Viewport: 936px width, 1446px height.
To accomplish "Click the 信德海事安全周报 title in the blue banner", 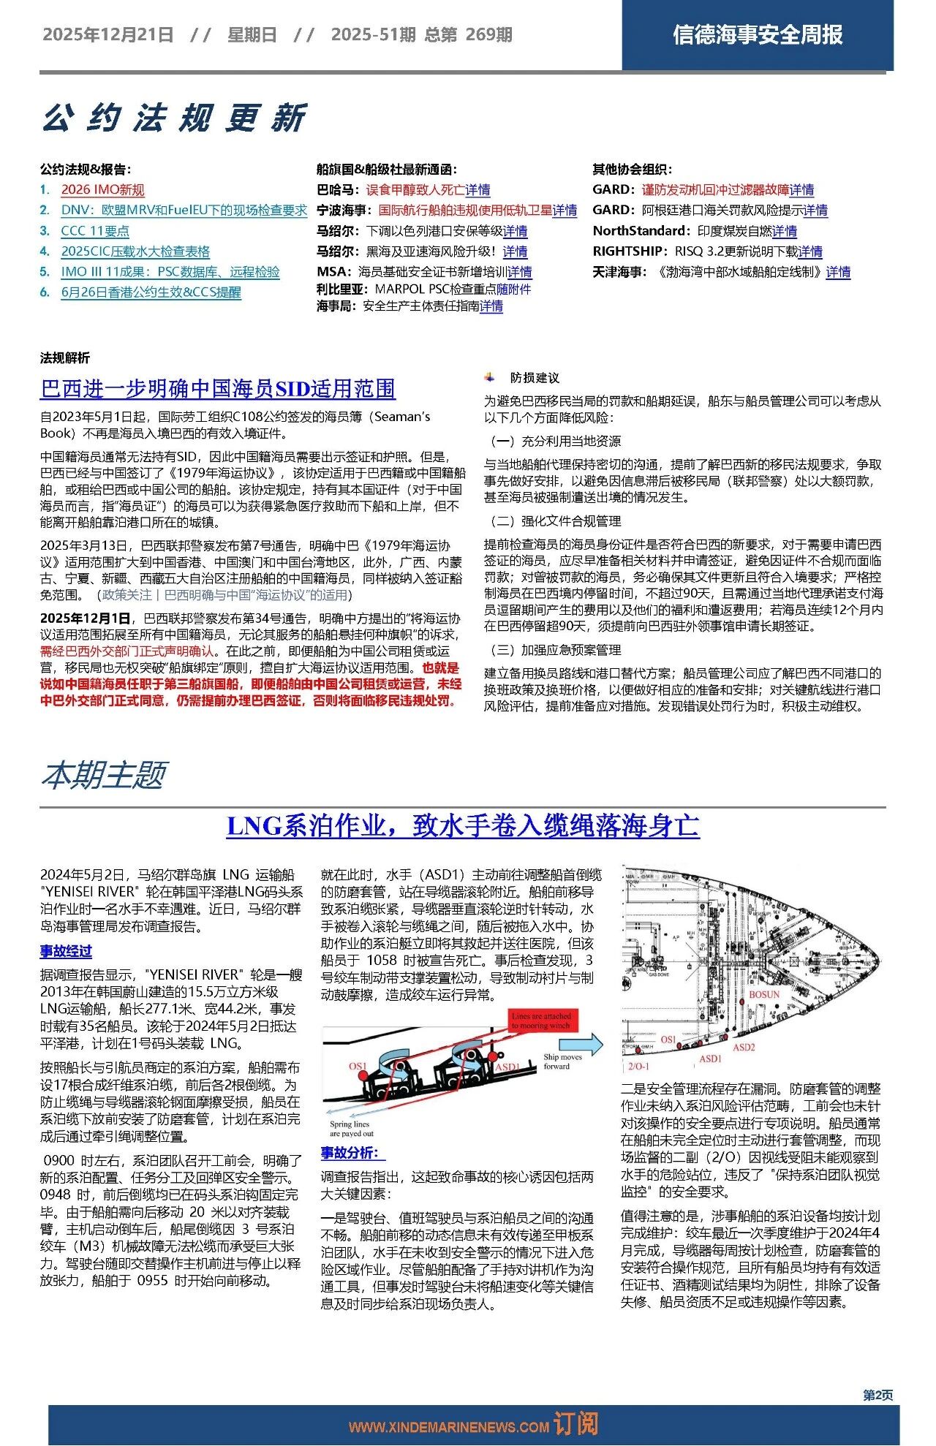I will [x=758, y=34].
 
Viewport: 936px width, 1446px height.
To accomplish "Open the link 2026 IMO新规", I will [x=102, y=190].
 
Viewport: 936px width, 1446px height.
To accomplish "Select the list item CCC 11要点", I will [x=95, y=231].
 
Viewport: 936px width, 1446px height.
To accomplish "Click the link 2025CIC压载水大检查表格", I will [x=135, y=251].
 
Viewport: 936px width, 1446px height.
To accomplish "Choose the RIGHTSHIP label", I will [x=630, y=251].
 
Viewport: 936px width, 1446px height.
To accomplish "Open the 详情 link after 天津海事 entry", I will [x=838, y=272].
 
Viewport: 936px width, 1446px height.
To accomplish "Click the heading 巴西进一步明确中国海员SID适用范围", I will [x=218, y=389].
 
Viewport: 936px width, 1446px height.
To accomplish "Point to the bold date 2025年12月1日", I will [x=86, y=618].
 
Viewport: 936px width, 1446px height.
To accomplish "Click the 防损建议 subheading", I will [x=535, y=378].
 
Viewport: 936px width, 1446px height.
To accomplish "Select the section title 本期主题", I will [x=104, y=775].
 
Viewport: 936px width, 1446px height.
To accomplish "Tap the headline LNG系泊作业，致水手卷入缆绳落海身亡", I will [x=463, y=826].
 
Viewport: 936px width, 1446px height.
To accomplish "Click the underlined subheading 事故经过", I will [x=66, y=951].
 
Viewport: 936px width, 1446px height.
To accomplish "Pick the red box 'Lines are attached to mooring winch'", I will [x=541, y=1021].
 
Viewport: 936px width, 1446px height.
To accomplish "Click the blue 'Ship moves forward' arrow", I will [x=588, y=1045].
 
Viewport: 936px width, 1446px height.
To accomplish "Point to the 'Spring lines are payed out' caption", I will [x=351, y=1129].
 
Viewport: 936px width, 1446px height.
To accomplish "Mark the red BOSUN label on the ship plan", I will [x=764, y=995].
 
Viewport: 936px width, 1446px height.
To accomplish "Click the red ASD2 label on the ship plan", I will [x=743, y=1048].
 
